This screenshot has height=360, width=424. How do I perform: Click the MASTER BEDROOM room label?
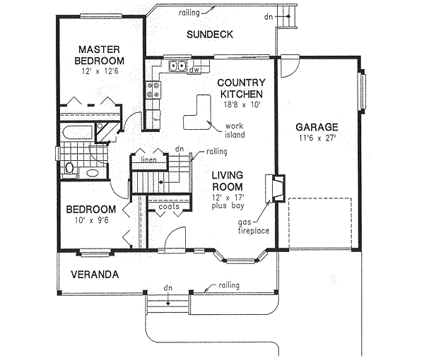[x=99, y=55]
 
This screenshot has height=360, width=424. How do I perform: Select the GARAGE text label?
[x=317, y=127]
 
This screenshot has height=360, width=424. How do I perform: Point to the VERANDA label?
[x=94, y=274]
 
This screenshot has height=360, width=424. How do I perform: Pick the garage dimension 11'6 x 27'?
[x=317, y=139]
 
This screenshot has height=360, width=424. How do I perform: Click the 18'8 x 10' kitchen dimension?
[x=241, y=104]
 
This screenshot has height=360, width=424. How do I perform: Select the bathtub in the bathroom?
[x=76, y=132]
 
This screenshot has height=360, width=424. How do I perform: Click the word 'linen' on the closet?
[x=148, y=160]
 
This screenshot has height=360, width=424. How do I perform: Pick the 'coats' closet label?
[x=168, y=207]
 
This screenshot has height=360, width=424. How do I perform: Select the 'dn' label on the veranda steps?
[x=167, y=288]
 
